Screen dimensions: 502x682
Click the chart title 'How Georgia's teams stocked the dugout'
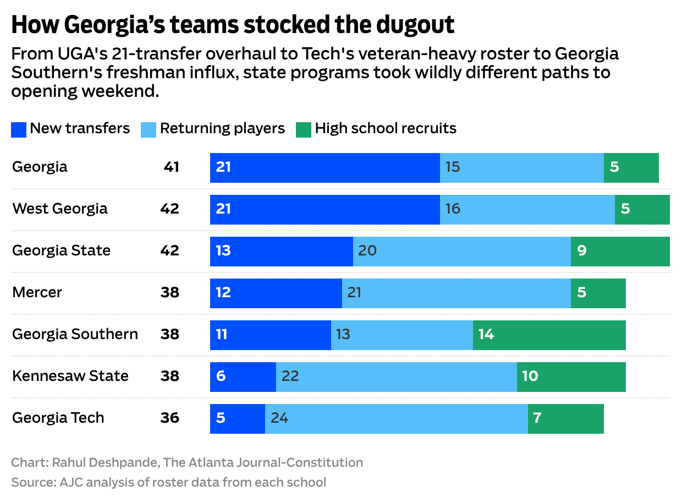[x=233, y=25]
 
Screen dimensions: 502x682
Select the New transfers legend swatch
[x=19, y=129]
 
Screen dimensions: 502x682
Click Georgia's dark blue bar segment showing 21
[x=324, y=167]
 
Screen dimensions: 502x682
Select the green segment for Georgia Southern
[x=549, y=335]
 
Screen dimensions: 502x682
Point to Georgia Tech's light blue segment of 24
[x=396, y=418]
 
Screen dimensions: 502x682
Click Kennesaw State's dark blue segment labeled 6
[x=243, y=376]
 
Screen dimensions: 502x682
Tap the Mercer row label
[x=37, y=292]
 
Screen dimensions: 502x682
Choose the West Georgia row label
[x=60, y=209]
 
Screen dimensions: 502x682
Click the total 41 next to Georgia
[x=171, y=167]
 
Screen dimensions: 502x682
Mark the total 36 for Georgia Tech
[x=170, y=418]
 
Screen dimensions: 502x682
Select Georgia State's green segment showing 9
[x=620, y=251]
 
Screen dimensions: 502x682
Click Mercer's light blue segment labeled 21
[x=456, y=293]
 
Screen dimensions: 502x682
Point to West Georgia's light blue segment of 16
[x=527, y=209]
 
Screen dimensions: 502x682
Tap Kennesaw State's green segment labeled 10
[x=571, y=376]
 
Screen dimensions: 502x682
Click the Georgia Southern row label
[x=75, y=334]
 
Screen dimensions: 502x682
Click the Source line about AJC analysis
[x=168, y=483]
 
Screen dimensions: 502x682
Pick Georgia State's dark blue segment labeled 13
[x=281, y=251]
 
